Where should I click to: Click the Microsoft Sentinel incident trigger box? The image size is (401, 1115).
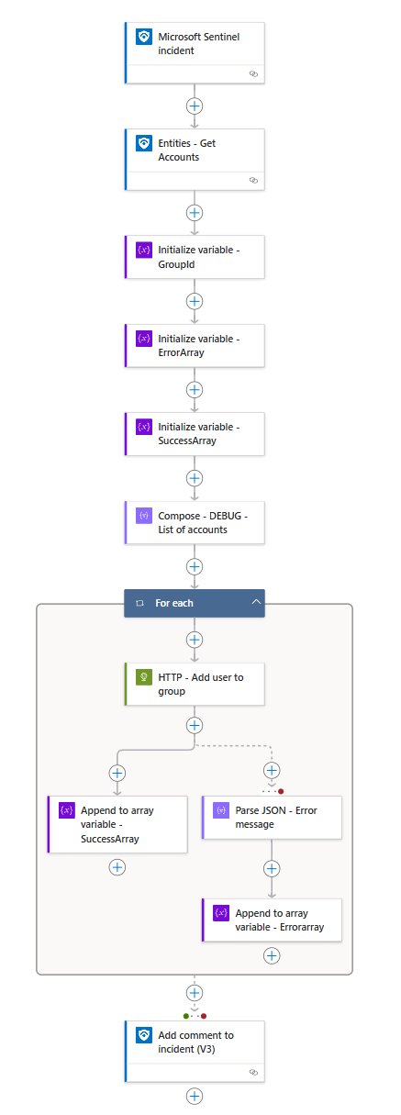[x=195, y=52]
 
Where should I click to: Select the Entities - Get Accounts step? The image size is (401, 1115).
[x=195, y=160]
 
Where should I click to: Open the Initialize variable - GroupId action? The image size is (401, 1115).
[x=195, y=257]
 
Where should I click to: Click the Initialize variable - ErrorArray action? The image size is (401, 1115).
[x=195, y=345]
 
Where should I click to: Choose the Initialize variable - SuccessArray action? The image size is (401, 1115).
[x=195, y=433]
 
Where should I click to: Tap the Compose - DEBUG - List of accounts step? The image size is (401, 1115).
[x=195, y=523]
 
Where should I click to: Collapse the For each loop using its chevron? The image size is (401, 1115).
[x=256, y=602]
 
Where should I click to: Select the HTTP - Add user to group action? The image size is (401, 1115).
[x=195, y=684]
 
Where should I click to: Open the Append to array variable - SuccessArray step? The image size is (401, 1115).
[x=117, y=824]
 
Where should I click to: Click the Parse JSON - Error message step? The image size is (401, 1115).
[x=272, y=818]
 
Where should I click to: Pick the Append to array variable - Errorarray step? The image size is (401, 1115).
[x=272, y=920]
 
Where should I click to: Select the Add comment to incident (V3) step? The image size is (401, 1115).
[x=195, y=1052]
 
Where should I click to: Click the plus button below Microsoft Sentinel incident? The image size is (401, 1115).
[x=195, y=106]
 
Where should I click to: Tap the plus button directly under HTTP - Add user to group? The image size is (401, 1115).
[x=195, y=725]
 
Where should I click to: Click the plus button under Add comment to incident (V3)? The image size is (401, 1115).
[x=195, y=1096]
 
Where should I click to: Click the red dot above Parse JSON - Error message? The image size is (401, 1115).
[x=281, y=791]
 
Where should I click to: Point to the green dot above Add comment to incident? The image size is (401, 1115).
[x=186, y=1016]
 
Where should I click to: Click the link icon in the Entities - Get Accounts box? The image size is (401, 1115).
[x=253, y=180]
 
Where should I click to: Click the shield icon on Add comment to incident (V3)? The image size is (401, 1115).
[x=144, y=1035]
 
